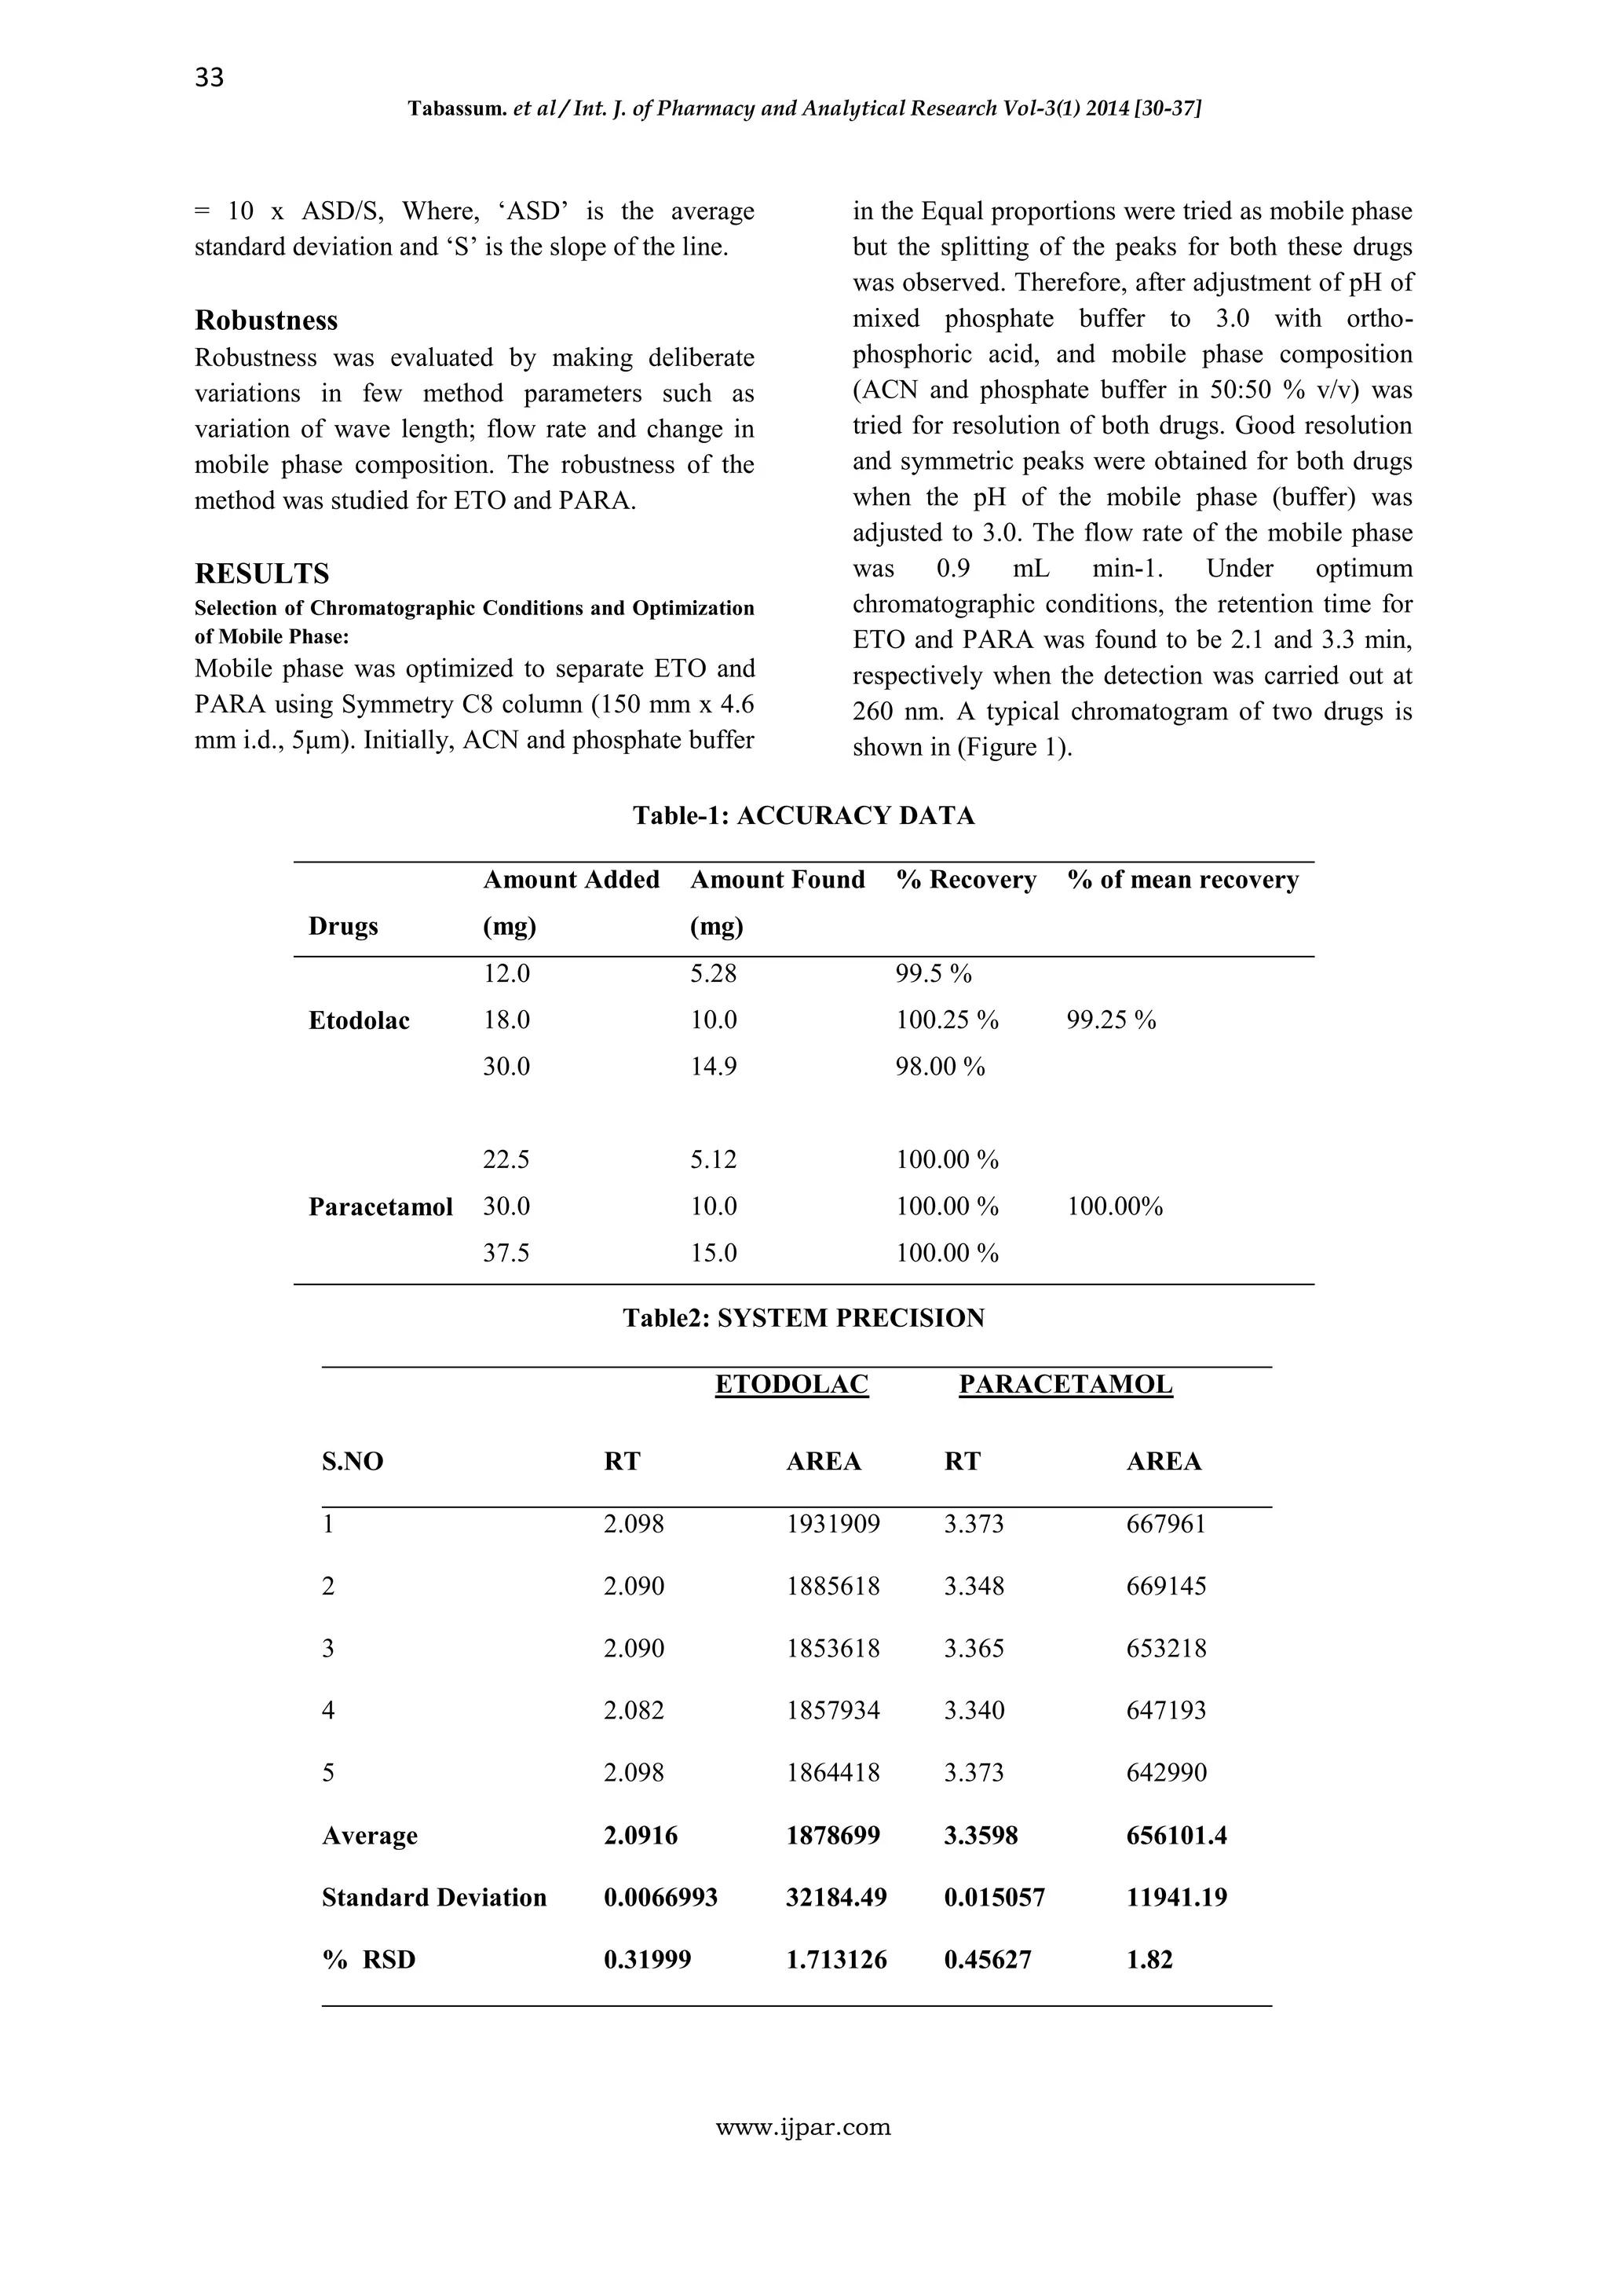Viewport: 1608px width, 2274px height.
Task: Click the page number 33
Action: click(210, 77)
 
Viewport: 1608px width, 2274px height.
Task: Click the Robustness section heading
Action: click(265, 320)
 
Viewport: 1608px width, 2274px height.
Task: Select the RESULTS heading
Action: click(261, 573)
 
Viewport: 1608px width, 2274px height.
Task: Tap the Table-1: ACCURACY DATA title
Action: click(803, 816)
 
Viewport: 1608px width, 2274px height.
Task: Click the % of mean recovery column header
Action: click(1182, 880)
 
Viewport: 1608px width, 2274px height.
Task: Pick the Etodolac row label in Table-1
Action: click(359, 1021)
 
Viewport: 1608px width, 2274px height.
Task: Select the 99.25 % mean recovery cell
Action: click(1111, 1020)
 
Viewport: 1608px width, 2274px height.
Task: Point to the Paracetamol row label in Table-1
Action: click(380, 1207)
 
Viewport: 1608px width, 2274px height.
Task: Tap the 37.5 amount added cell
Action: click(506, 1254)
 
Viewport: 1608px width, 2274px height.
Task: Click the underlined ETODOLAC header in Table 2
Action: click(791, 1385)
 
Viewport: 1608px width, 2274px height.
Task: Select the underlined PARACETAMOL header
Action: click(1065, 1385)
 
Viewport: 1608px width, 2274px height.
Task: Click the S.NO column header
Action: click(353, 1462)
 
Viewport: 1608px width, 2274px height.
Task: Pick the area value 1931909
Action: click(833, 1525)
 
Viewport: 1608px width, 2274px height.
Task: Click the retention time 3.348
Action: click(974, 1587)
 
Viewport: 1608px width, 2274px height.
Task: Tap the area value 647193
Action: click(1165, 1711)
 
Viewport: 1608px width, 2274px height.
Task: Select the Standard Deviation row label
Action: click(433, 1898)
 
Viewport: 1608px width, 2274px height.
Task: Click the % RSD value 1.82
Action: click(1149, 1960)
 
